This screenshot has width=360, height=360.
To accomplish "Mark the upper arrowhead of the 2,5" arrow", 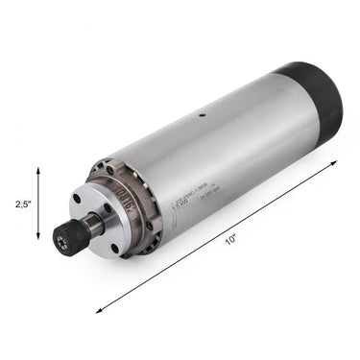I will [38, 169].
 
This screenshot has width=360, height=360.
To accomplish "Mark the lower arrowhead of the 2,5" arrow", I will [38, 240].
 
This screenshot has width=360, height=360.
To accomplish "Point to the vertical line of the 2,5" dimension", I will [38, 204].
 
